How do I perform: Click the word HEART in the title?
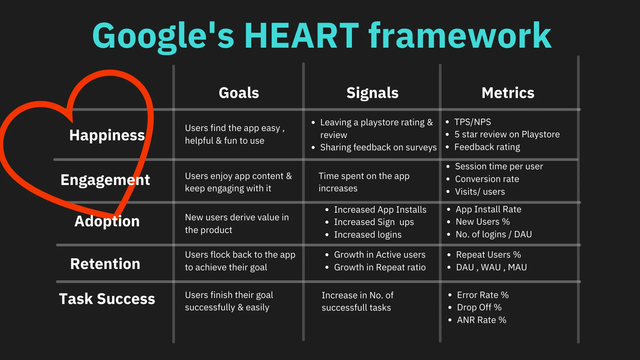point(301,36)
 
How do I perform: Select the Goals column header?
point(239,93)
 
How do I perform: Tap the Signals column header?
point(372,93)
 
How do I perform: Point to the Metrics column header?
point(508,93)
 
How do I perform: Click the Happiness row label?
point(107,135)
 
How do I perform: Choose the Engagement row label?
point(105,180)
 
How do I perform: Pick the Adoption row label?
point(107,221)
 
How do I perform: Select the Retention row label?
point(105,264)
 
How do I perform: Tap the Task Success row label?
point(107,299)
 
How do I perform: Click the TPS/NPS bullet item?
point(472,122)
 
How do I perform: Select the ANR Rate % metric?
point(481,320)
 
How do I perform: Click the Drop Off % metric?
point(479,307)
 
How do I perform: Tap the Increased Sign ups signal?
point(374,222)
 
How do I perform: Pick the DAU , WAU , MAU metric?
point(491,267)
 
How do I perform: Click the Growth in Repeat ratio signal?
point(380,267)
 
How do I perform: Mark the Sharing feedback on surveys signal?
point(378,147)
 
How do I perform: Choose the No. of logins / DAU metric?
point(493,234)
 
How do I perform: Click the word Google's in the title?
point(163,36)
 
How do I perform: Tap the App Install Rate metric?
point(488,209)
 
